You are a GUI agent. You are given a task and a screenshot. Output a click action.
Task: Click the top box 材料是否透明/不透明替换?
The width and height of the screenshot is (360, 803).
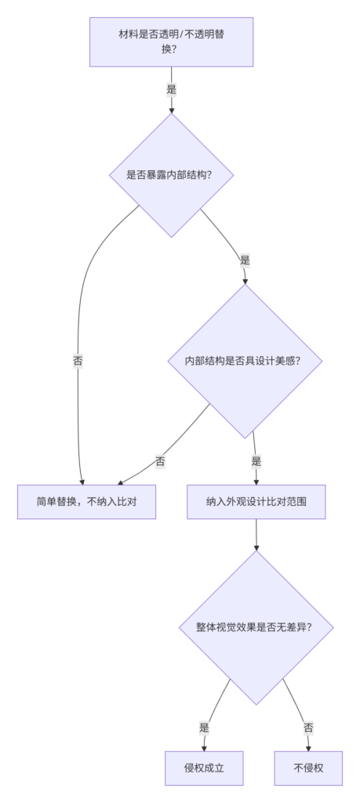click(x=172, y=42)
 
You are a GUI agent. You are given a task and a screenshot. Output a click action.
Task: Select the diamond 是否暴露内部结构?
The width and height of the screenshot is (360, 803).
click(x=172, y=175)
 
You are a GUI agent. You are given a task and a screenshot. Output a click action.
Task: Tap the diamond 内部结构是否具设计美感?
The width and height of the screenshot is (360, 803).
click(x=245, y=361)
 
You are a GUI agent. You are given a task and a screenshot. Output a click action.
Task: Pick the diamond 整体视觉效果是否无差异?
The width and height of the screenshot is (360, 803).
click(x=256, y=627)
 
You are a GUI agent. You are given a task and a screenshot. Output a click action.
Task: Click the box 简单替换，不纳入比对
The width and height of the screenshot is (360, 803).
click(x=86, y=502)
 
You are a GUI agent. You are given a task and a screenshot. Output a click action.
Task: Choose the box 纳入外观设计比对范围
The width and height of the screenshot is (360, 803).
click(x=256, y=502)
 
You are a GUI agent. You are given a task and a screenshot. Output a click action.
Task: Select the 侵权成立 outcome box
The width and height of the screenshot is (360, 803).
click(x=204, y=768)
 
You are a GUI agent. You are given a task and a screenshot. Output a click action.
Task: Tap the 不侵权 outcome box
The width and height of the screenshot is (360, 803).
click(x=308, y=768)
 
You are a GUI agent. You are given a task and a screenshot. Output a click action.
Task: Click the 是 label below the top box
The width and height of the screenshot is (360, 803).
click(x=172, y=89)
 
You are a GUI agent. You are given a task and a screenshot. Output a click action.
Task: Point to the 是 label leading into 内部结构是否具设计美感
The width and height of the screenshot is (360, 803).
click(x=245, y=260)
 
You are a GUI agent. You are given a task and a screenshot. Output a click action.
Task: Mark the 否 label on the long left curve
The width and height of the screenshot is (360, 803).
click(x=78, y=361)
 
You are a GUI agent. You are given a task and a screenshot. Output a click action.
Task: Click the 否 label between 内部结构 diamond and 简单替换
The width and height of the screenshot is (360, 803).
click(x=160, y=461)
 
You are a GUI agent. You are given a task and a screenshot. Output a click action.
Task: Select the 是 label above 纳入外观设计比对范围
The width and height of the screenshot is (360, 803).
click(x=256, y=461)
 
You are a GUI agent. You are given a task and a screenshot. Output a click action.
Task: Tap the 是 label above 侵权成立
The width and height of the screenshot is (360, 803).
click(x=205, y=728)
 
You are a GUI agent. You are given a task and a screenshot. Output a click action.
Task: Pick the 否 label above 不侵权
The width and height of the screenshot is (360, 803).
click(x=308, y=728)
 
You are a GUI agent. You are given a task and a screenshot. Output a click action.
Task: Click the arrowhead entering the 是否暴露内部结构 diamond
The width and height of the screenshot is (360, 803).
click(x=172, y=110)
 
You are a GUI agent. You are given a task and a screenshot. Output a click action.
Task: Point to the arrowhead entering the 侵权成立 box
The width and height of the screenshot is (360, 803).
click(x=204, y=748)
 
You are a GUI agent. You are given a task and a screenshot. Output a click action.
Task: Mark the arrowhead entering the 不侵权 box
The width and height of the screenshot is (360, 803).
click(x=308, y=748)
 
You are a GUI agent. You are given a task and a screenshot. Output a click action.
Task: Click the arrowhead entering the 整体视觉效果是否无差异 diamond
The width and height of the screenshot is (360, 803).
click(x=256, y=547)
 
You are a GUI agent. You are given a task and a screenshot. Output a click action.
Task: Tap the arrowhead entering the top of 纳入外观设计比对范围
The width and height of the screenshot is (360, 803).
click(x=256, y=481)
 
